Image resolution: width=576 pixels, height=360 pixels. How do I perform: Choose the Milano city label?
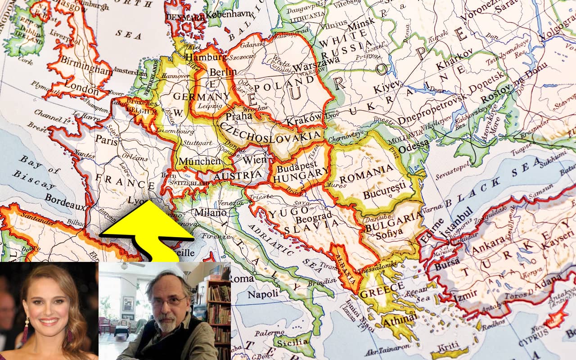[x=210, y=212]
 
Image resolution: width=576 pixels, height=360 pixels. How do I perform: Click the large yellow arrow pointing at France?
[x=148, y=229]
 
